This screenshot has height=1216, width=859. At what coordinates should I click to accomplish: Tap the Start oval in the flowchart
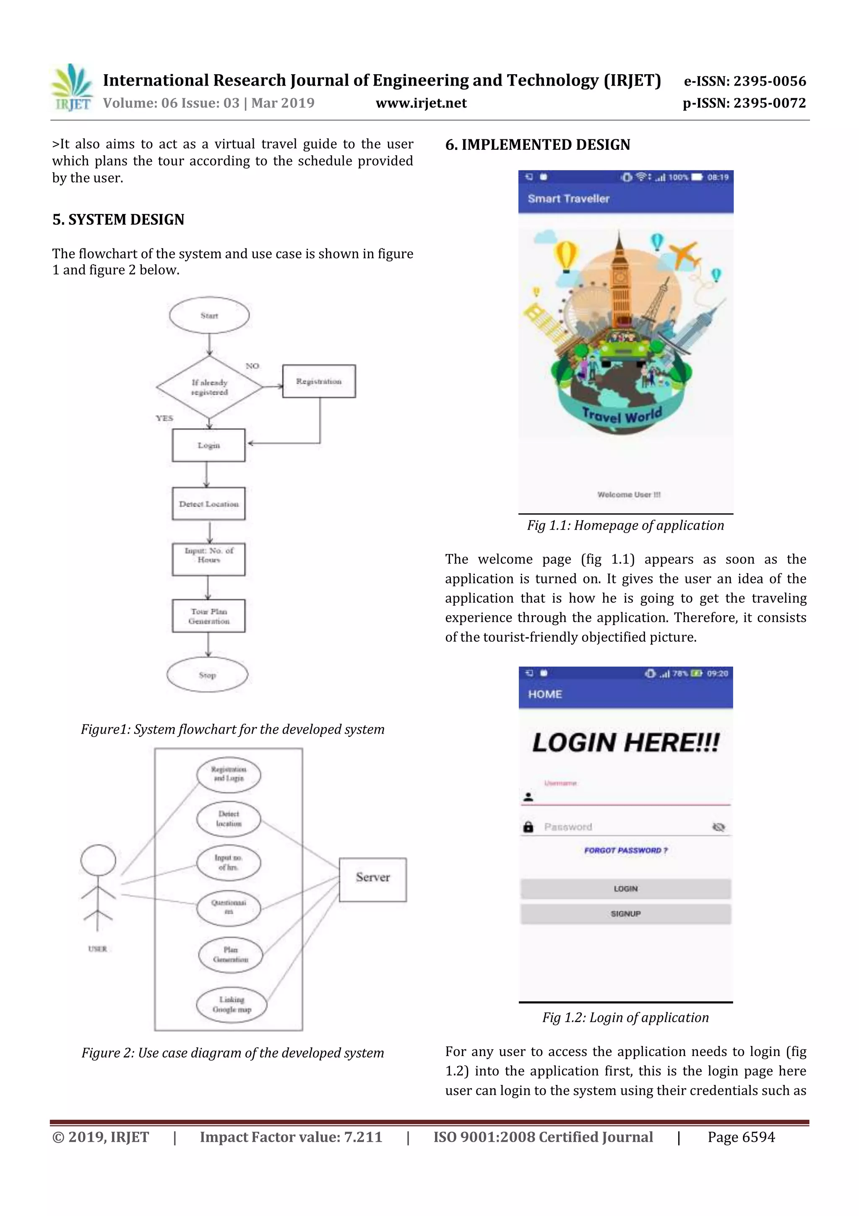tap(209, 316)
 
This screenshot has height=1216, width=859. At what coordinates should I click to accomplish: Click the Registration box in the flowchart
tap(319, 381)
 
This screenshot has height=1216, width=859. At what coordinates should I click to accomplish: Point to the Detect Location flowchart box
tap(208, 504)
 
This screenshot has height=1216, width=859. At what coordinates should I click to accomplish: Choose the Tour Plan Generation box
tap(208, 616)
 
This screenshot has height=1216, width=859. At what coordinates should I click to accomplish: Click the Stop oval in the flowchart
tap(207, 675)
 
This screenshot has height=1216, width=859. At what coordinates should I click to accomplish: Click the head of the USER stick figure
tap(98, 860)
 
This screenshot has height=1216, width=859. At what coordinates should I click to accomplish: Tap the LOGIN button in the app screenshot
tap(626, 889)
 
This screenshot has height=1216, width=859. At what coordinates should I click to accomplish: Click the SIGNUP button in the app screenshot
tap(626, 914)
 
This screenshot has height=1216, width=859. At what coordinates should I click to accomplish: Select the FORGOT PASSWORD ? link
tap(626, 850)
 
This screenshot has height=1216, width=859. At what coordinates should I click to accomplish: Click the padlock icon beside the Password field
tap(528, 827)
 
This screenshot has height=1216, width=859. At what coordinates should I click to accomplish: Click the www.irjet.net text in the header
tap(421, 103)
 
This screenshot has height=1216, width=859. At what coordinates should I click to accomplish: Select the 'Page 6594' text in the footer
tap(741, 1137)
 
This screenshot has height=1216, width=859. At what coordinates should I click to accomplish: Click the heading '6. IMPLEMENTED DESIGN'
tap(537, 144)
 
